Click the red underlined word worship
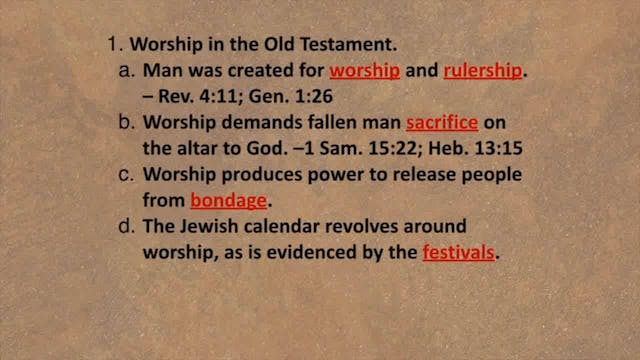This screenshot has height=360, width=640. point(365,72)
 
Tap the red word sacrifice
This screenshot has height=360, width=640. point(441,125)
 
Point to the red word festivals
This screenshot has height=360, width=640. point(459,253)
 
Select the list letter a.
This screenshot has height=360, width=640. point(126,72)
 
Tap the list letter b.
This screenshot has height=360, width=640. point(126,125)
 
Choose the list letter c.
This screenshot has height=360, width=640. point(126,173)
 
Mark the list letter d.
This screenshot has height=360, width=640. point(126,226)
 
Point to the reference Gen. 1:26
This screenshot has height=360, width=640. point(298,98)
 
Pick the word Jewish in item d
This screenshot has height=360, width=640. point(211,226)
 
